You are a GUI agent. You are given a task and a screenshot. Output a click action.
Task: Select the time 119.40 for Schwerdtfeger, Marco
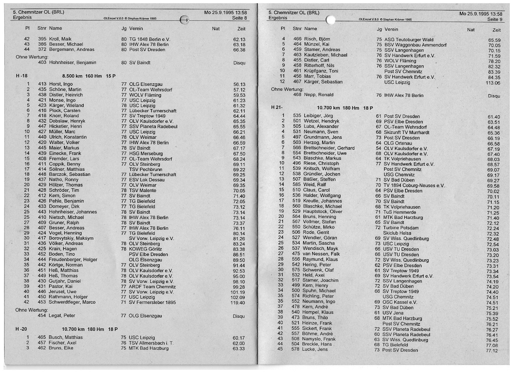tap(237, 303)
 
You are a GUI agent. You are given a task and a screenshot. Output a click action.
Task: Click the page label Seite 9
tap(495, 19)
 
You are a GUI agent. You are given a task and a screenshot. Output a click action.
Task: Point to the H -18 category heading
tap(22, 76)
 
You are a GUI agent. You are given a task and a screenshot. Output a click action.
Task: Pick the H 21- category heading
tap(277, 108)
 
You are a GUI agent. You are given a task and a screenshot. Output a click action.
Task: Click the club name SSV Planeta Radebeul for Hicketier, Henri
tap(153, 127)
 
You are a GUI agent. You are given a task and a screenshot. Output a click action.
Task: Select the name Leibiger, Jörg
tap(318, 116)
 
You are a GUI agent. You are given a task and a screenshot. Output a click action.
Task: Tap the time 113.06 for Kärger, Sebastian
tap(493, 83)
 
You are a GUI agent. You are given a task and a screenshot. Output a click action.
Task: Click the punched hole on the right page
tap(331, 20)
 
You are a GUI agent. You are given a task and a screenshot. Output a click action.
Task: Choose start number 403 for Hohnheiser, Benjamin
tap(42, 63)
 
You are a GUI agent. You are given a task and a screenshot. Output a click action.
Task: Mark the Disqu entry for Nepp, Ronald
tap(494, 96)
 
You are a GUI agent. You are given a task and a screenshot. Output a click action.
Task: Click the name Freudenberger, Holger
tap(73, 260)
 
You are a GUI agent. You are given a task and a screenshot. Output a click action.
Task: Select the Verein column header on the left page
tap(136, 29)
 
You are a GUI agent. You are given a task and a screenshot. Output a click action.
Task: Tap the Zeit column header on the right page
tap(496, 30)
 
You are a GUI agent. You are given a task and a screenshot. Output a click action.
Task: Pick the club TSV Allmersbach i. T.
tap(151, 343)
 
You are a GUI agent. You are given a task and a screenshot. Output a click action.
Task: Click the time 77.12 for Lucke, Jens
tap(492, 350)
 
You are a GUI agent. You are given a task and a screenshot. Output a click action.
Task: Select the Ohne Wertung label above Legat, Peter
tap(32, 310)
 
